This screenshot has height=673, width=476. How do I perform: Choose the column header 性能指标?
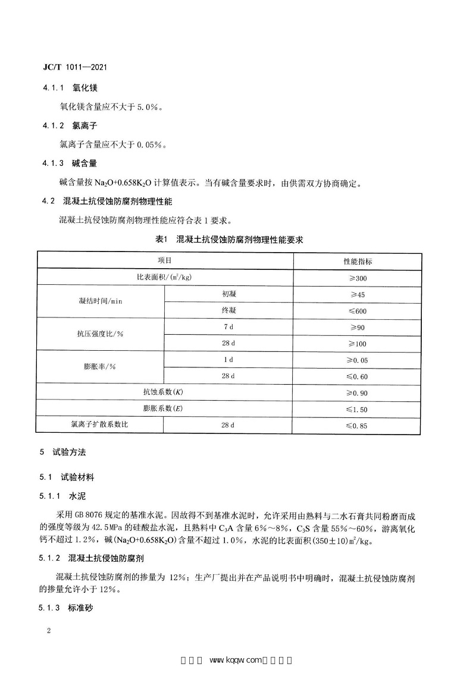[x=358, y=261]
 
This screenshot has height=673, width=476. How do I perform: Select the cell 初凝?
[x=228, y=294]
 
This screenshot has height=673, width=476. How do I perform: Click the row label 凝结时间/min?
[x=99, y=302]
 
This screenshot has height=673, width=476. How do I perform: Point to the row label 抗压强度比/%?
[x=99, y=335]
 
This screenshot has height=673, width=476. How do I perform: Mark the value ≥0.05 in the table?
[x=358, y=360]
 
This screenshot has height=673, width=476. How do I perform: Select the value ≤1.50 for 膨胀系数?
[x=358, y=409]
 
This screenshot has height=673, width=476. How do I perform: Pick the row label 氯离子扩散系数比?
[x=99, y=425]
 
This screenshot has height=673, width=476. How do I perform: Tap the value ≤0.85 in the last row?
[x=358, y=425]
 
